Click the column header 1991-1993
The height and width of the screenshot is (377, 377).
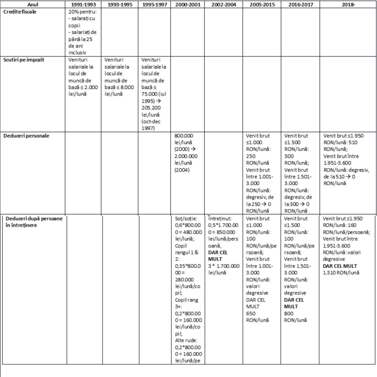coord(83,4)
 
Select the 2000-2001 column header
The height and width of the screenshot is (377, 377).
coord(188,4)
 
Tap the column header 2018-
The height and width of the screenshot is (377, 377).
coord(348,4)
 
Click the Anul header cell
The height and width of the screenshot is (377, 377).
coord(33,4)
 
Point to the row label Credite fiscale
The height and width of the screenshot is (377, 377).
coord(20,12)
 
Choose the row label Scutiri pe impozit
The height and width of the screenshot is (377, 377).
coord(24,60)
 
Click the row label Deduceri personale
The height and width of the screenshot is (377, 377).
coord(26,136)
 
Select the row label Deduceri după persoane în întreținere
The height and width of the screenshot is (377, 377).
coord(34,222)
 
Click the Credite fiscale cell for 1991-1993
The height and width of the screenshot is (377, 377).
coord(83,32)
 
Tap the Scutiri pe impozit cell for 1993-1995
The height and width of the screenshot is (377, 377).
coord(119,77)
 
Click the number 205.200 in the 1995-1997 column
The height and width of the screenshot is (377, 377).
coord(151,108)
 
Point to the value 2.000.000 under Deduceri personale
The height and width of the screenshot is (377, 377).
coord(186,156)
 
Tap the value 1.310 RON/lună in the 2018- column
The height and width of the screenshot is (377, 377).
coord(341,273)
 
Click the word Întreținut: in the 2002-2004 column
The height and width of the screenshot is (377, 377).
coord(220,219)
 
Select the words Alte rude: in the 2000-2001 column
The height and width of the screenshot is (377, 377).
coord(186,341)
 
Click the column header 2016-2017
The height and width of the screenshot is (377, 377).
coord(300,4)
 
